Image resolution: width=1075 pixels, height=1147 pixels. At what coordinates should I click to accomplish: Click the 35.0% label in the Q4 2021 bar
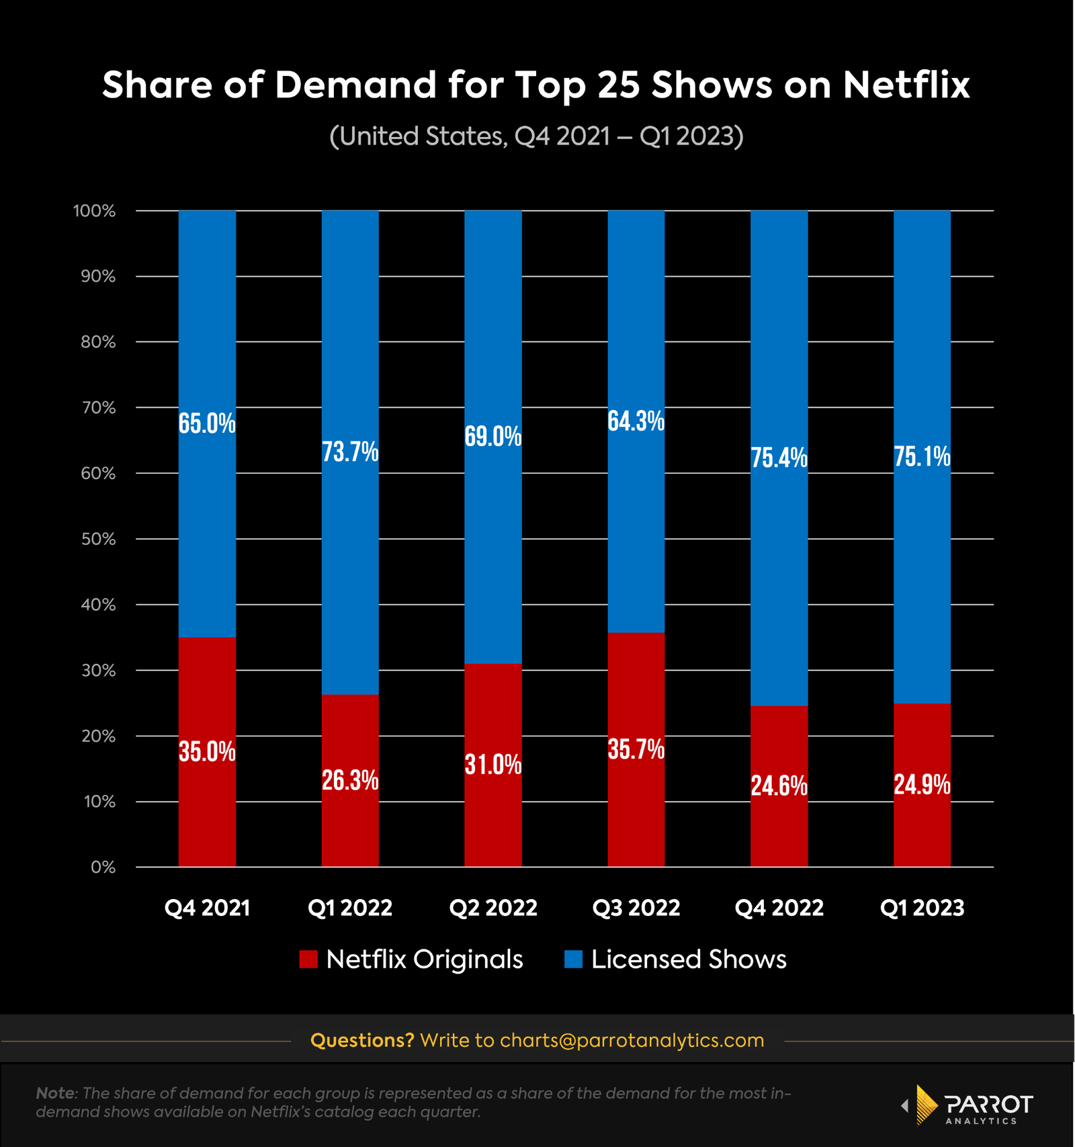(207, 751)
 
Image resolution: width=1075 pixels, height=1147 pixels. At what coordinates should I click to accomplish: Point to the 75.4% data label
(779, 458)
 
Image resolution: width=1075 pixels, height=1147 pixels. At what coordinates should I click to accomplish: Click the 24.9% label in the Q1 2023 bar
(922, 785)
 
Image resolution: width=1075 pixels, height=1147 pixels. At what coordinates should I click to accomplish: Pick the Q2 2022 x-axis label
(493, 908)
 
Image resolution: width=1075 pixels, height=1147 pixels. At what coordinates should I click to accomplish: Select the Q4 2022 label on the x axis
(779, 908)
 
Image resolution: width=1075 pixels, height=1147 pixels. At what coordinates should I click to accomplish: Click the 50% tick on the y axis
(98, 539)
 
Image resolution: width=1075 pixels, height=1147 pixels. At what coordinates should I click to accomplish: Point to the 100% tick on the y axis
(95, 211)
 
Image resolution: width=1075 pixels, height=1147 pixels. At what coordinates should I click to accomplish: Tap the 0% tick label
(103, 867)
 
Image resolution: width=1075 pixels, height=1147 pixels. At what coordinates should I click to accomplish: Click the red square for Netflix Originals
(308, 959)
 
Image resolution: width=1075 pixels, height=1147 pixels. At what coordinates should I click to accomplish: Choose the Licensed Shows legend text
(688, 959)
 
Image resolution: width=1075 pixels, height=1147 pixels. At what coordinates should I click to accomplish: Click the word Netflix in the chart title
(906, 85)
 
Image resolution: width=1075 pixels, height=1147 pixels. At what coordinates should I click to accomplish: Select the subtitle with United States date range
(536, 136)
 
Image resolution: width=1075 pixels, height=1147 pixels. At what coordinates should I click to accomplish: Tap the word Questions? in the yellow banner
(362, 1040)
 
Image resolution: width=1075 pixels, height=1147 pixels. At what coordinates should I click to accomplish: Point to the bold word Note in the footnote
(56, 1093)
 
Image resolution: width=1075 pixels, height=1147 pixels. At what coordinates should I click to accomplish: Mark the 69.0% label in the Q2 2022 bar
(493, 437)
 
